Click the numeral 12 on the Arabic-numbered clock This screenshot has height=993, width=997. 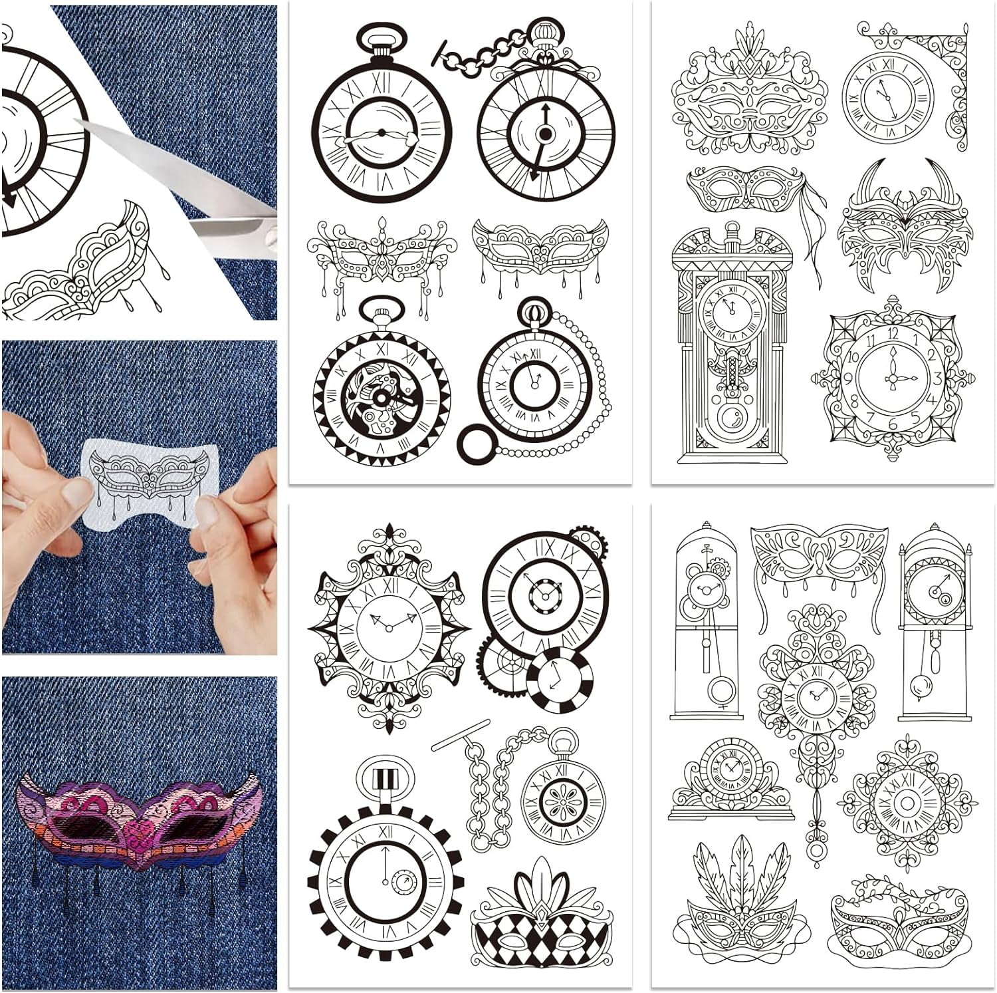(x=892, y=334)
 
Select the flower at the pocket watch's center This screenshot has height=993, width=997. (x=562, y=800)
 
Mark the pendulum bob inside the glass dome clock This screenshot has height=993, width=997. (x=720, y=690)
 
